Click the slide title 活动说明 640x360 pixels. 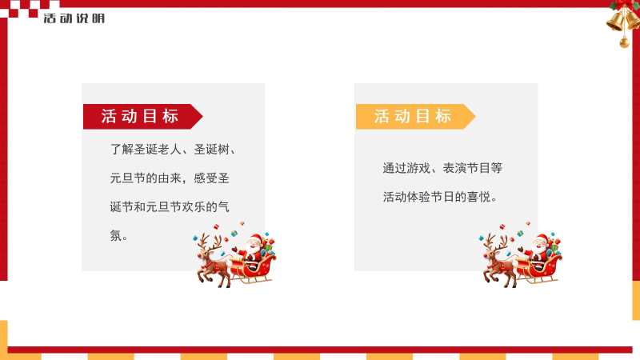(x=74, y=18)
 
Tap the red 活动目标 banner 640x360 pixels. (x=142, y=116)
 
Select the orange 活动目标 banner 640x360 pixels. (x=415, y=116)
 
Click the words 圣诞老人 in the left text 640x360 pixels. (x=158, y=150)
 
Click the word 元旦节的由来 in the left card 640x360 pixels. (x=146, y=178)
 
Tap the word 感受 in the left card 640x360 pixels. (x=206, y=178)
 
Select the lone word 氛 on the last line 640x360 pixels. (x=116, y=235)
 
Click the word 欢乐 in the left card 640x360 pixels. (x=194, y=207)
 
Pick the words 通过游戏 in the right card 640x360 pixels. (x=406, y=168)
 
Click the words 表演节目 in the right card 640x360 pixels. (x=466, y=168)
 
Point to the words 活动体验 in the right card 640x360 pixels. (x=406, y=197)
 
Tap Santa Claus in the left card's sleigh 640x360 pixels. (x=254, y=248)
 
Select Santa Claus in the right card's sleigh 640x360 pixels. (x=539, y=248)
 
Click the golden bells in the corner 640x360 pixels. (x=624, y=19)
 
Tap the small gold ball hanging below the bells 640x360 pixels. (x=624, y=42)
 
